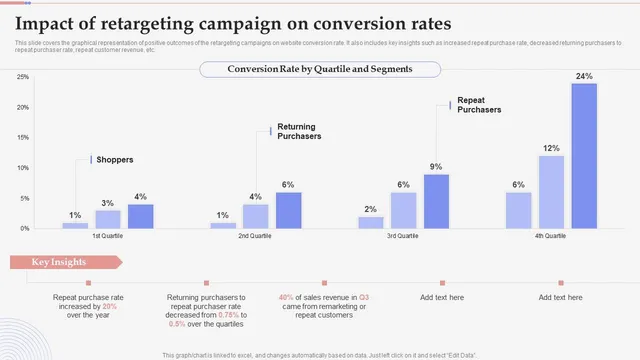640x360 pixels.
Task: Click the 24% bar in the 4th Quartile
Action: pyautogui.click(x=584, y=156)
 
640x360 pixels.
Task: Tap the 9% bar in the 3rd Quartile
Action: pyautogui.click(x=436, y=201)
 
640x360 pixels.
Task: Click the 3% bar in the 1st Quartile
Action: pyautogui.click(x=108, y=219)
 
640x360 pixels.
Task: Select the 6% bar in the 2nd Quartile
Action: pyautogui.click(x=288, y=210)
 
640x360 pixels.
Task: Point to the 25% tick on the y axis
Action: pyautogui.click(x=21, y=77)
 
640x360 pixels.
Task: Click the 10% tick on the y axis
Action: pyautogui.click(x=21, y=168)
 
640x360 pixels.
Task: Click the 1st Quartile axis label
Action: pyautogui.click(x=108, y=236)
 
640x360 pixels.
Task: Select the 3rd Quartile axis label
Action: pyautogui.click(x=403, y=236)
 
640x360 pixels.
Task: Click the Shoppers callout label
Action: pyautogui.click(x=114, y=159)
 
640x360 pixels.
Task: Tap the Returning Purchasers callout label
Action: pyautogui.click(x=299, y=131)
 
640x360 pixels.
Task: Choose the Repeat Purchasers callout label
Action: pyautogui.click(x=479, y=105)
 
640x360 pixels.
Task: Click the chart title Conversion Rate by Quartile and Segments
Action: pyautogui.click(x=320, y=69)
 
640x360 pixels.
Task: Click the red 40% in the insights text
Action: pyautogui.click(x=287, y=297)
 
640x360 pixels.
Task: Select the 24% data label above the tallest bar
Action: pyautogui.click(x=584, y=76)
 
